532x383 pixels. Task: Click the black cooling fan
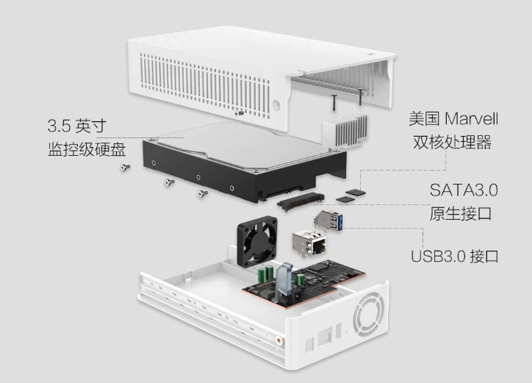coord(257,241)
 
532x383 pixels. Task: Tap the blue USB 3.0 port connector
coord(328,221)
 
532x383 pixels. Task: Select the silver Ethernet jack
coord(309,242)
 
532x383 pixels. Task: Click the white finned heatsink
coord(345,130)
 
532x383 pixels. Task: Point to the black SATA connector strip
coord(301,201)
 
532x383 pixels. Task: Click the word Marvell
coord(471,119)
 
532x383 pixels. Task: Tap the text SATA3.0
coord(464,190)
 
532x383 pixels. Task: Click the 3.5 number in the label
coord(59,126)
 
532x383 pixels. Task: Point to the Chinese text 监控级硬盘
coord(87,149)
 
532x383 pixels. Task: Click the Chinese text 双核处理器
coord(452,142)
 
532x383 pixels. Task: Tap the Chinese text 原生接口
coord(461,214)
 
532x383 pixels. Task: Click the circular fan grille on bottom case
coord(369,314)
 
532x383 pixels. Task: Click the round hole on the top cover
coord(276,104)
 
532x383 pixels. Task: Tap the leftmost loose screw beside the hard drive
coord(125,167)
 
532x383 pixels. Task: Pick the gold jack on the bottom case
coord(279,340)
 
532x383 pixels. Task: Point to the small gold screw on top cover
coord(240,112)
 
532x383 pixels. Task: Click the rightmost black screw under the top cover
coord(360,96)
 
